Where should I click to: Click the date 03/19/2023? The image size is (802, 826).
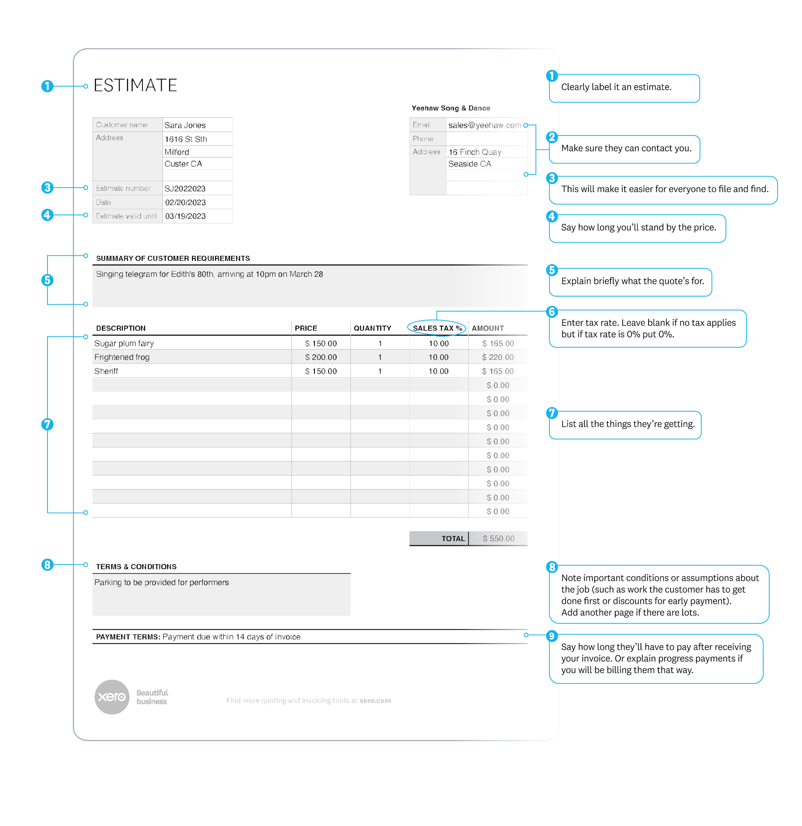point(185,216)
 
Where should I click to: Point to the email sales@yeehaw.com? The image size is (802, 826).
point(485,125)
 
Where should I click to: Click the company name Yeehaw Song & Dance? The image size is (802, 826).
point(451,108)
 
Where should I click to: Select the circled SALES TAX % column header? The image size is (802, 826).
point(437,328)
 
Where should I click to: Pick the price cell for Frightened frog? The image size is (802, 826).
point(321,357)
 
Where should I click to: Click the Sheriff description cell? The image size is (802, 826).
point(106,371)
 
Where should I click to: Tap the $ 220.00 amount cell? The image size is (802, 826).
point(498,357)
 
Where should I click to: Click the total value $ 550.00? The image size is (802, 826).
point(498,538)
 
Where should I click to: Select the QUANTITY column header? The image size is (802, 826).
point(372,328)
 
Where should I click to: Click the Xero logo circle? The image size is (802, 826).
point(112,697)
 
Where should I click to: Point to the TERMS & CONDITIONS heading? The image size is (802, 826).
point(136,566)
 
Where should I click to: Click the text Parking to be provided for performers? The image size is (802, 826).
point(161,582)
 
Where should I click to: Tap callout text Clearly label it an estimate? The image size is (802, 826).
point(616,87)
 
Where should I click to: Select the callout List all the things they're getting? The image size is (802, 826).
point(628,424)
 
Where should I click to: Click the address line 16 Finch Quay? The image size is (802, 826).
point(475,152)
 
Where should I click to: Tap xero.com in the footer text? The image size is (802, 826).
point(375,700)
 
